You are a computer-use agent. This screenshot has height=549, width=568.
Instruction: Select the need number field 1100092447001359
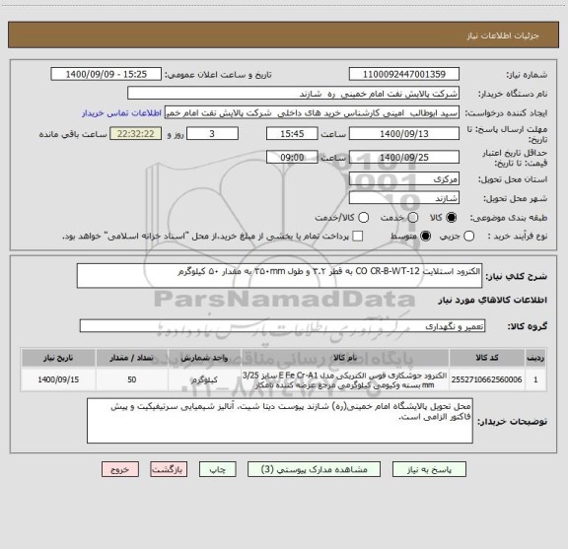click(x=406, y=74)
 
